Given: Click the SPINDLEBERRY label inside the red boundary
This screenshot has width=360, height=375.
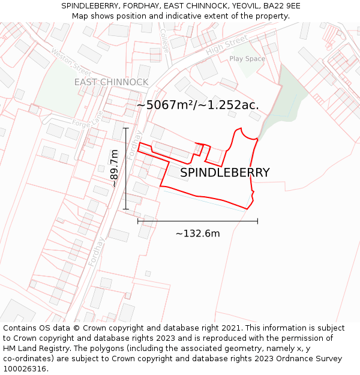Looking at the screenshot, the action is coord(225,173).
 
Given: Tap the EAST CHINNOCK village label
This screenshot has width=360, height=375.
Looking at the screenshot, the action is coord(111,82).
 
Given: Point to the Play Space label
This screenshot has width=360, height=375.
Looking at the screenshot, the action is coord(247,59).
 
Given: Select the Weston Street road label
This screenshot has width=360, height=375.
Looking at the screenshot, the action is coord(71,62).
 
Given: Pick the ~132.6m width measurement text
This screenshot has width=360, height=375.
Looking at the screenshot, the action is coord(197,233).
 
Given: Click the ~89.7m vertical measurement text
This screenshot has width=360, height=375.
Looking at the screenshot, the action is coord(114,169).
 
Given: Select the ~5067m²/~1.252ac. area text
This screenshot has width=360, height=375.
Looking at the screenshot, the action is coord(197,105).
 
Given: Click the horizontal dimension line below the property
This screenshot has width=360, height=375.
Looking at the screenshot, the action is coord(197,221).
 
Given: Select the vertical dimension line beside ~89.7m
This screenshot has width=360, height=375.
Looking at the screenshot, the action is coord(125,169).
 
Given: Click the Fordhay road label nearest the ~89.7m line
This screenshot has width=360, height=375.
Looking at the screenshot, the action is coord(134,145).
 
